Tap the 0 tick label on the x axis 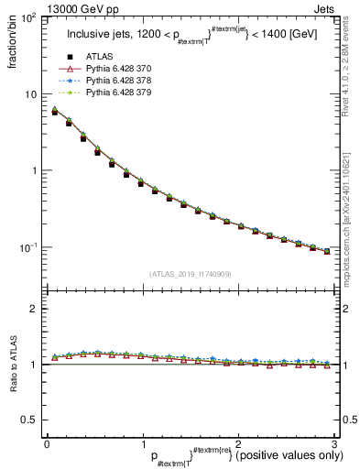[x=47, y=443]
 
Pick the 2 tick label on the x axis [x=238, y=443]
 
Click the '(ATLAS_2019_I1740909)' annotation [x=190, y=273]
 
